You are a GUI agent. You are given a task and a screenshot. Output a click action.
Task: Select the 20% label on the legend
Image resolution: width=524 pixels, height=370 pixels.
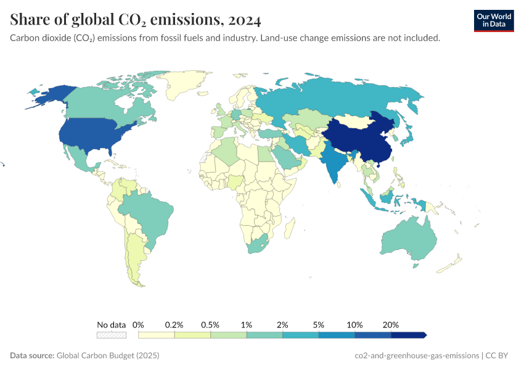pos(391,324)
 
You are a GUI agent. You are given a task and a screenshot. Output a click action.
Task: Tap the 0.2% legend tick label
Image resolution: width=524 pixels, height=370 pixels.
pos(174,324)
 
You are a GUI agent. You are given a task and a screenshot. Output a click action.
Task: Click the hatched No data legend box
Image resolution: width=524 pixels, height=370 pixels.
pos(112,335)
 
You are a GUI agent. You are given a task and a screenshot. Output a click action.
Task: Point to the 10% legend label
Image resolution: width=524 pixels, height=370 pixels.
pos(354,324)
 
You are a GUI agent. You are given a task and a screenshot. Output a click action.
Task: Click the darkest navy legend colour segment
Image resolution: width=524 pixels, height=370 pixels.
pos(408,335)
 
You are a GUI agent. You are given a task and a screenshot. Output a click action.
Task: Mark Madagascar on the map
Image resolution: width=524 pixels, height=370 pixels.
pos(288,231)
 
